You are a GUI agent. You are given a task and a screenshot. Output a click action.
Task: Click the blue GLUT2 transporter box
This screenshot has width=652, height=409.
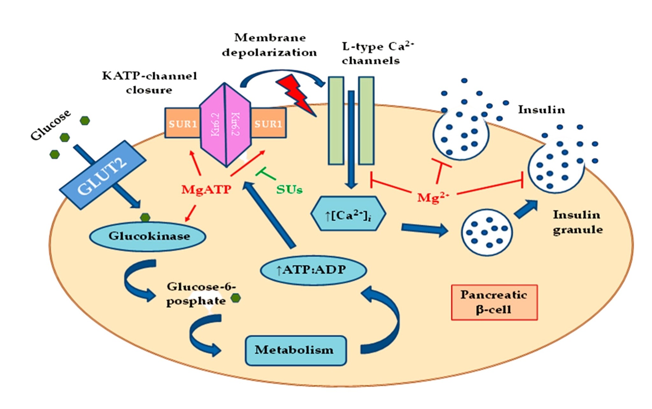click(103, 175)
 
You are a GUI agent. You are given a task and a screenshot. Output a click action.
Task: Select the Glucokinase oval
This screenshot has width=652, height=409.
click(147, 237)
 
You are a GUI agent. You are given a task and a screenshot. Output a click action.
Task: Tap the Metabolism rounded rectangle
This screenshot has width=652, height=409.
click(296, 350)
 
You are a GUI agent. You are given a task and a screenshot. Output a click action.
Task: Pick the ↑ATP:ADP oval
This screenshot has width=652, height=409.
click(313, 270)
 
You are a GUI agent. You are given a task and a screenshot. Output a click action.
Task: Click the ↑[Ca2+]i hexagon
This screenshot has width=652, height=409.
click(348, 213)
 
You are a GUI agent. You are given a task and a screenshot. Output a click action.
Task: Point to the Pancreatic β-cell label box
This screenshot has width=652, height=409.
click(494, 302)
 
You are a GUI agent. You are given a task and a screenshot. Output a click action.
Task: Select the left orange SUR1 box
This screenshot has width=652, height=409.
click(182, 123)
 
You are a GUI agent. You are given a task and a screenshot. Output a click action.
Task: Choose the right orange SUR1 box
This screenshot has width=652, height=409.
click(268, 123)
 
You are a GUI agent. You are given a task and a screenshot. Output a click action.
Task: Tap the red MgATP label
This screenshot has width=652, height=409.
click(206, 190)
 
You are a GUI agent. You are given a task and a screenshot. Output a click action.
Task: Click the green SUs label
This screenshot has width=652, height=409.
click(289, 190)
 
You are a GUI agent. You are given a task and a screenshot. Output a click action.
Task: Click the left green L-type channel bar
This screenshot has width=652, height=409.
click(336, 121)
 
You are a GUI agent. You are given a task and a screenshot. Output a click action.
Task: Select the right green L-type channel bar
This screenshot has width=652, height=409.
click(366, 121)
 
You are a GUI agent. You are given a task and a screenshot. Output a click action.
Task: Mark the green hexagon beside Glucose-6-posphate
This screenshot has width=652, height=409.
click(236, 298)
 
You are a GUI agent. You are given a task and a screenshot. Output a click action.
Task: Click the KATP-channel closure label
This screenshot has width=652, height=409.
click(149, 83)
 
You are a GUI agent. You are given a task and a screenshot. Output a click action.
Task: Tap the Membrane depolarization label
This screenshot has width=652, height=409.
click(269, 45)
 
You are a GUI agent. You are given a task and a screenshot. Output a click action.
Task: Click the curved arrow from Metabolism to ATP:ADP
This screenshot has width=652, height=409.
click(388, 319)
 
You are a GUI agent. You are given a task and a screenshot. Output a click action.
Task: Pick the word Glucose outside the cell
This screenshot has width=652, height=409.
click(51, 125)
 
